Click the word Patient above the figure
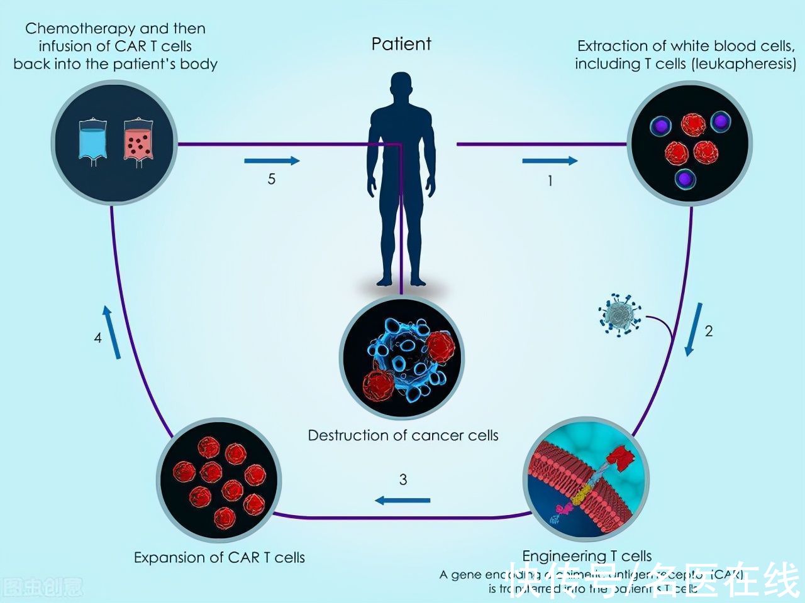coord(401,44)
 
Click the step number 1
coord(550,181)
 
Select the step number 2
coord(709,331)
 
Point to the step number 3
coord(403,480)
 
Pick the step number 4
coord(98,338)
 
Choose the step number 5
coord(272,179)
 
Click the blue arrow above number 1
coord(550,161)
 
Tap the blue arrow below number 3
coord(403,500)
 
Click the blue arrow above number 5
coord(272,161)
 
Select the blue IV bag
coord(93,139)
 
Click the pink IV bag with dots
coord(138,141)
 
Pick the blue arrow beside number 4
coord(111,332)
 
